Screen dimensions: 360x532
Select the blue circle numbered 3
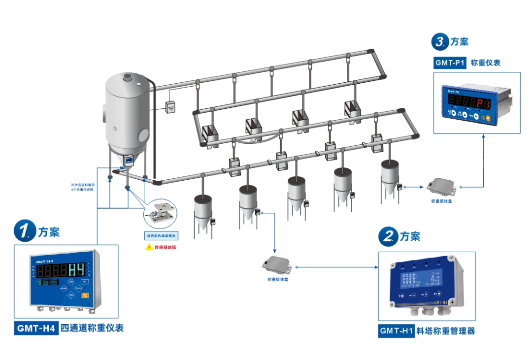point(440,41)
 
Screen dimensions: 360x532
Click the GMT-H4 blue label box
point(36,328)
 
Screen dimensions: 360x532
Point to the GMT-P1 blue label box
point(450,63)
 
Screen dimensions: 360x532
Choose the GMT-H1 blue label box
point(396,331)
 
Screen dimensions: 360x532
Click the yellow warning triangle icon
point(148,247)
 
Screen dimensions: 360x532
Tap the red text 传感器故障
point(166,247)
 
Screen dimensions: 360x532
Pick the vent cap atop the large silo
point(128,77)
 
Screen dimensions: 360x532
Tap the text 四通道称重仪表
point(92,328)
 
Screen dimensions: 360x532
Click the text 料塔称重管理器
point(446,331)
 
